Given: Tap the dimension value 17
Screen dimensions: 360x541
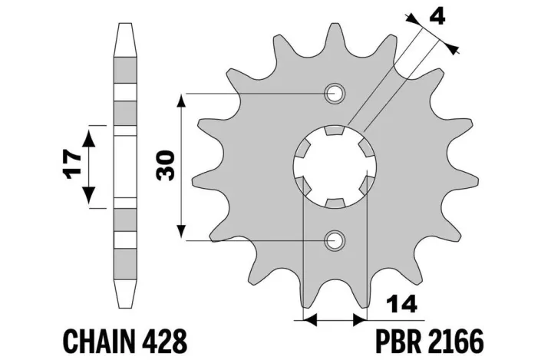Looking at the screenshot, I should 73,164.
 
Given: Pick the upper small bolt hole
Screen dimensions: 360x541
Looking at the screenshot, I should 334,94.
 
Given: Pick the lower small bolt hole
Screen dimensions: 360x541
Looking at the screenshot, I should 334,240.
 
